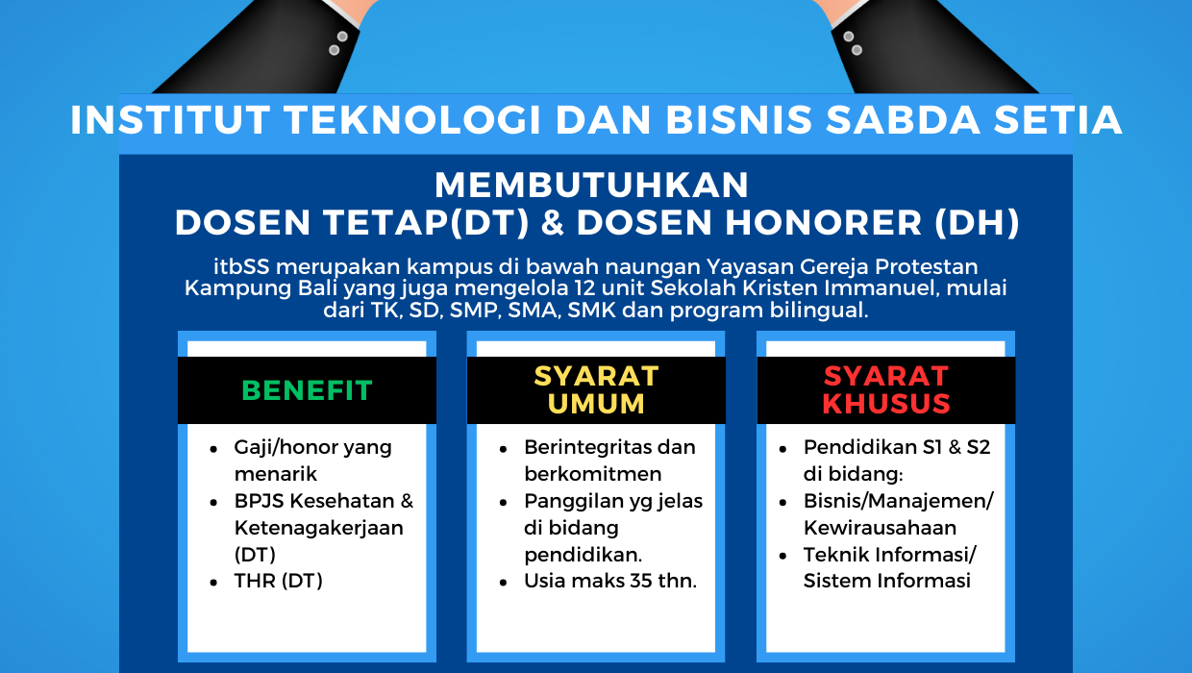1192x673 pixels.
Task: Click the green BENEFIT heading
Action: tap(307, 390)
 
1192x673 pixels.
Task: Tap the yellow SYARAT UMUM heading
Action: tap(596, 390)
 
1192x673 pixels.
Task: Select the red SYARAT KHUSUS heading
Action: tap(886, 390)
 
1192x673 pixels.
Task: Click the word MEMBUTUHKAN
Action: tap(592, 186)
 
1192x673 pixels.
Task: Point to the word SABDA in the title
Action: tap(903, 120)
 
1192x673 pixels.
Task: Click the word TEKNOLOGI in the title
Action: tap(413, 120)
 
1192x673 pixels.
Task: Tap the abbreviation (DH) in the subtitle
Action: tap(977, 222)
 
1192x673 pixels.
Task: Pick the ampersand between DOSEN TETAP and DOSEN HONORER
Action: tap(553, 222)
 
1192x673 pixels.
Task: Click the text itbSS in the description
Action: tap(241, 266)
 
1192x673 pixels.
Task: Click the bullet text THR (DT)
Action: tap(279, 581)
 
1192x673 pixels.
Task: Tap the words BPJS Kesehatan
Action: tap(314, 501)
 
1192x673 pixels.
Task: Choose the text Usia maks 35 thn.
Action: tap(610, 581)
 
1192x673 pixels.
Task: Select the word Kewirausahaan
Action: tap(880, 527)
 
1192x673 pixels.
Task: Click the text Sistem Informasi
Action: tap(887, 581)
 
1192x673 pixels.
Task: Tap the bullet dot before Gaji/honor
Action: tap(213, 450)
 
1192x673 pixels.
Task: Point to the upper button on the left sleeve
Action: tap(342, 37)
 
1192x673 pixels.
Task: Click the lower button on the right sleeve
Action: tap(857, 50)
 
